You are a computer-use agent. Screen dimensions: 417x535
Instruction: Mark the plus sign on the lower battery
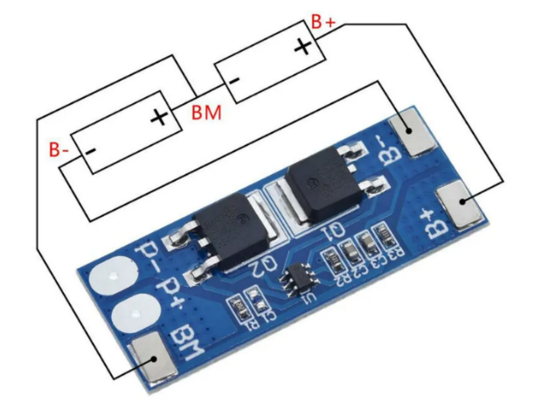pyautogui.click(x=160, y=116)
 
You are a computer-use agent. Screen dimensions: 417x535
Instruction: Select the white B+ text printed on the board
pyautogui.click(x=434, y=223)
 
